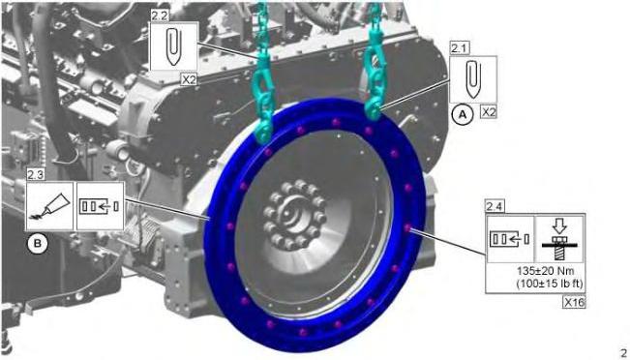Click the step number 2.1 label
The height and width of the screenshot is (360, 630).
tap(457, 49)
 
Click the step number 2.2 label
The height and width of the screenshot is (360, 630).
tap(159, 15)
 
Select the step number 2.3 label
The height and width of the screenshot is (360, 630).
tap(35, 175)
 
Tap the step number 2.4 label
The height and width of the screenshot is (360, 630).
tap(495, 207)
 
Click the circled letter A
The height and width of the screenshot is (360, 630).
tap(462, 115)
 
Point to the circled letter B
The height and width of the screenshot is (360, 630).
tap(37, 244)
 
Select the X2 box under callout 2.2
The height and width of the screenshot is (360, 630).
tap(189, 79)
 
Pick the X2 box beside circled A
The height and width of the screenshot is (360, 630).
tap(489, 112)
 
